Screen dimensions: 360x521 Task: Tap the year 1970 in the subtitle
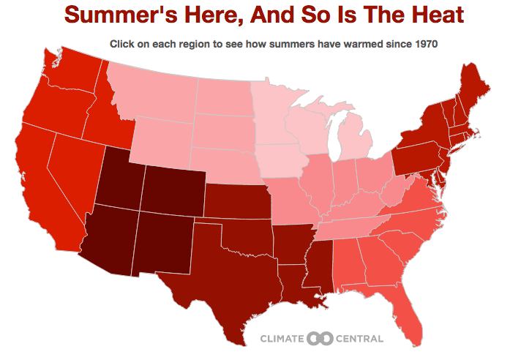pos(424,44)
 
